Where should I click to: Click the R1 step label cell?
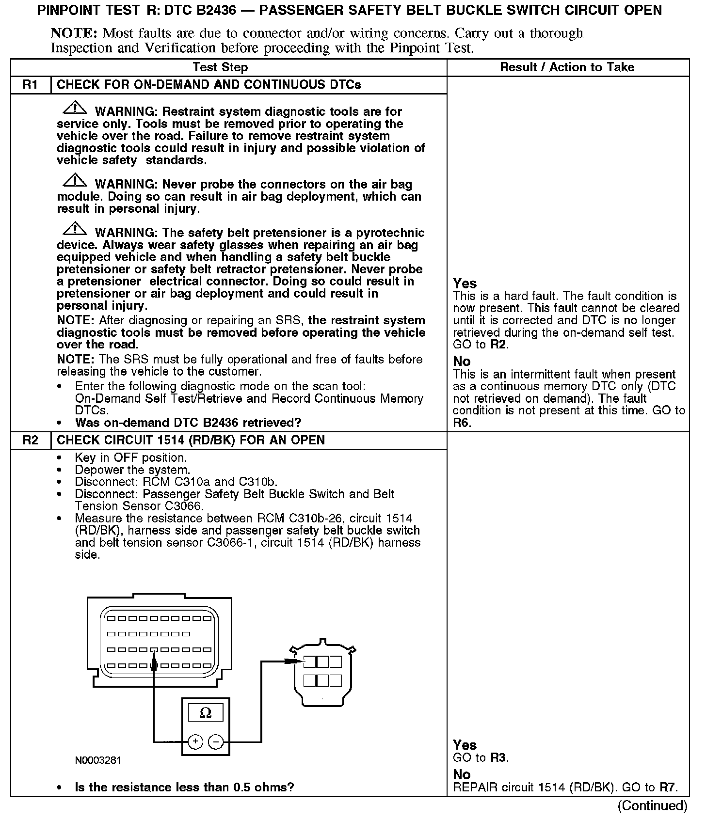tap(30, 85)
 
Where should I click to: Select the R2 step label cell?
tap(30, 441)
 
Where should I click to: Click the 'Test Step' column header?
tap(220, 67)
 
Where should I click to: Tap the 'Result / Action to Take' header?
tap(567, 67)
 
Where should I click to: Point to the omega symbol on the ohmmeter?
tap(206, 713)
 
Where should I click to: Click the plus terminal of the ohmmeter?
tap(195, 741)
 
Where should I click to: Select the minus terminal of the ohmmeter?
tap(216, 741)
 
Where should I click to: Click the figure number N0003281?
tap(98, 760)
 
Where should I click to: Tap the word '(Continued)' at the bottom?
tap(652, 806)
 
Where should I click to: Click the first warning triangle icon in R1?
tap(75, 108)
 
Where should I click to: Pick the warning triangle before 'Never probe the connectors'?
tap(75, 180)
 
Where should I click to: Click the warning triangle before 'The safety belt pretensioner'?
tap(75, 229)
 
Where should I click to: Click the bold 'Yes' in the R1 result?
tap(465, 283)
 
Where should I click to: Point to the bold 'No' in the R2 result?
tap(462, 774)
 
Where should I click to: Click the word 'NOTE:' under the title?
tap(75, 33)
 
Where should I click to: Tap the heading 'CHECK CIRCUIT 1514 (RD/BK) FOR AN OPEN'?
tap(191, 441)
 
